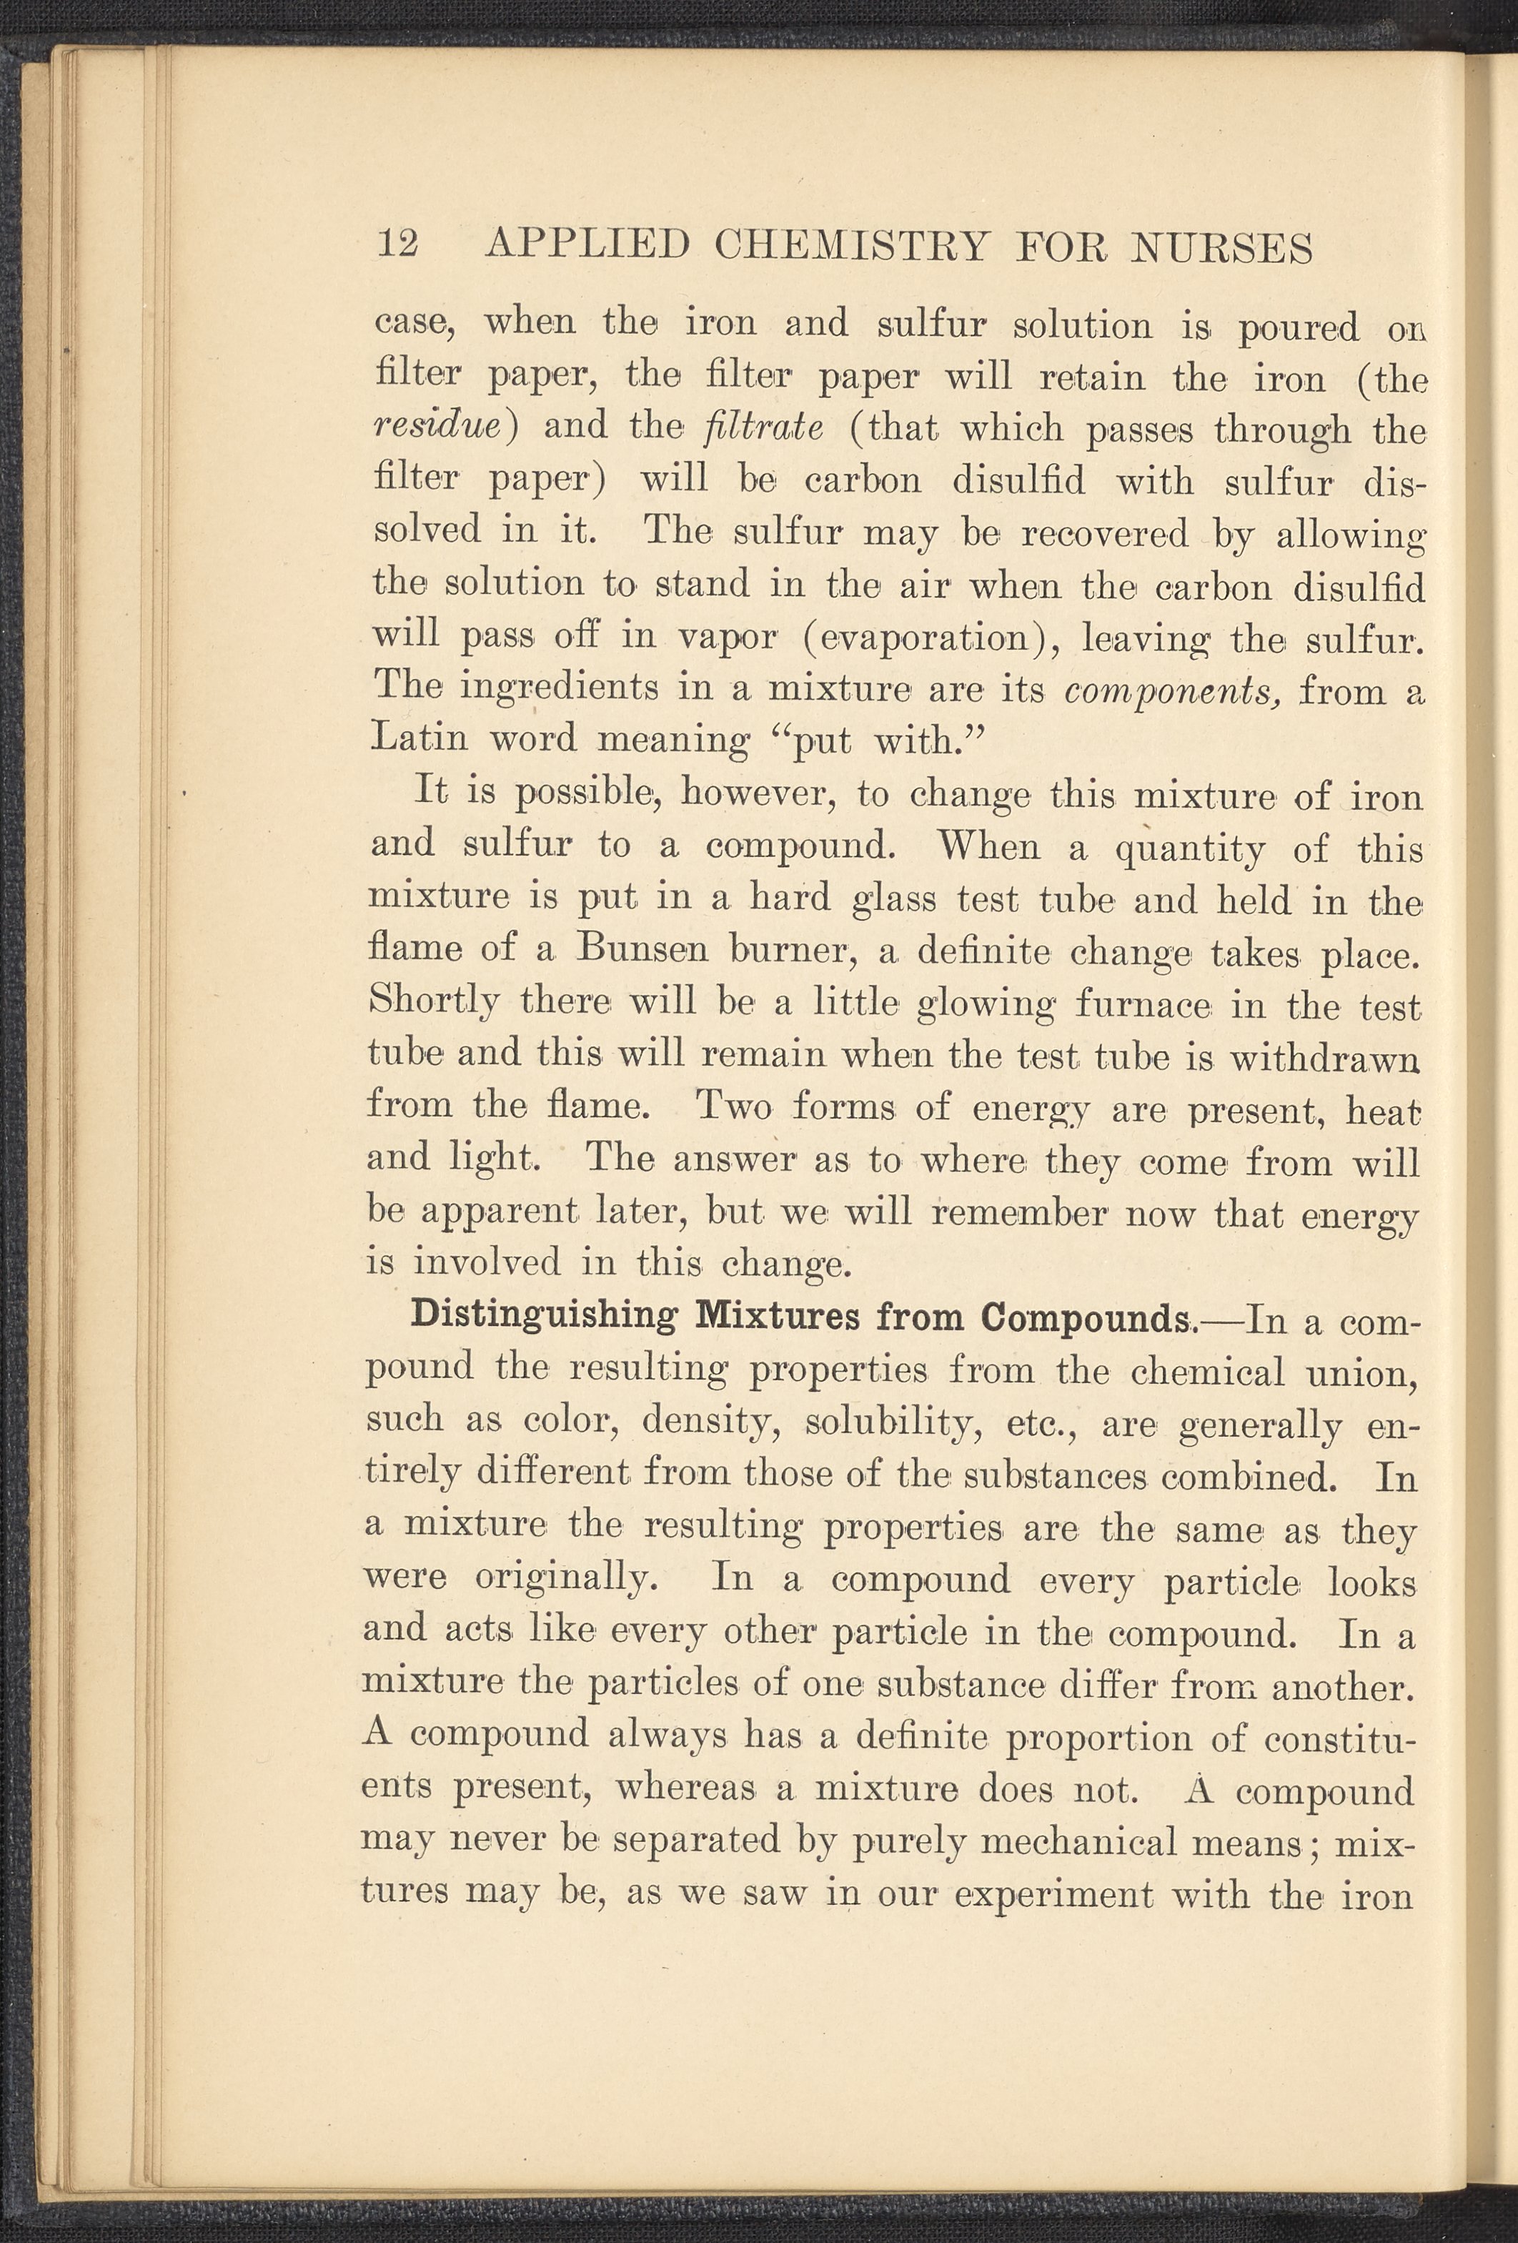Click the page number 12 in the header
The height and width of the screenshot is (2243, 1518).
click(x=397, y=245)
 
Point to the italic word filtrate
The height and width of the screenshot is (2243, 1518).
click(x=763, y=427)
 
